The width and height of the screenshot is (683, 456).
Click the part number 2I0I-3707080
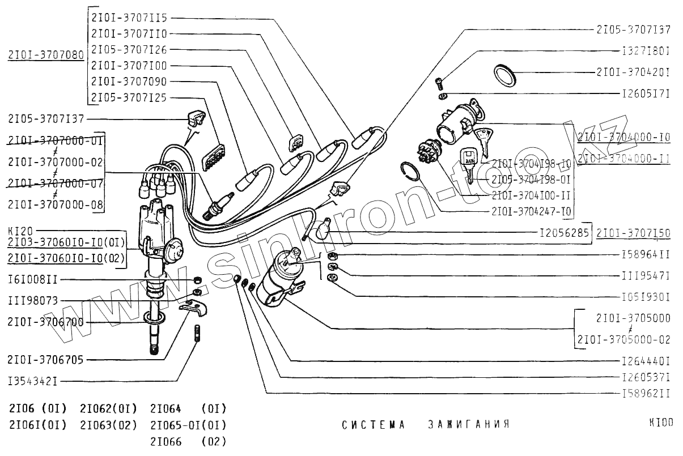tap(46, 56)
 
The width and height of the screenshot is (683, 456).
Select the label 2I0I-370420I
tap(633, 73)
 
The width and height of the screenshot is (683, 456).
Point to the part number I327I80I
tap(646, 50)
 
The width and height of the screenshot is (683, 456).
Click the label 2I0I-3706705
tap(46, 359)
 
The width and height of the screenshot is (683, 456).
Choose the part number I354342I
tap(32, 381)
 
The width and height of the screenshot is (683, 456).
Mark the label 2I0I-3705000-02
tap(623, 340)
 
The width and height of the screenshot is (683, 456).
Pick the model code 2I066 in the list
tap(166, 442)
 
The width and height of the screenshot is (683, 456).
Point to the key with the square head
tap(468, 161)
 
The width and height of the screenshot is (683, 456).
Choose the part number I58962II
tap(646, 393)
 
